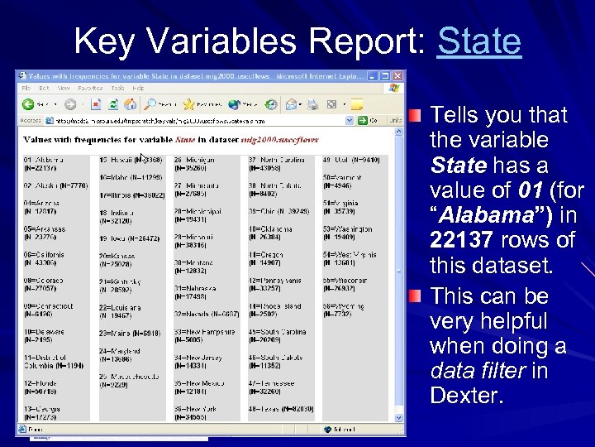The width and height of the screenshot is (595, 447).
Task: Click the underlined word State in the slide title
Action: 479,41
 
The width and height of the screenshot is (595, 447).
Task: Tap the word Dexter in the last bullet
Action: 465,395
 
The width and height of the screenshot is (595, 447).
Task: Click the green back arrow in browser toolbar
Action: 28,104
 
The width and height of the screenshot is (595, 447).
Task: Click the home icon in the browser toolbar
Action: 131,104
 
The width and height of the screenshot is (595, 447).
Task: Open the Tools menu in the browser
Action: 117,87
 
